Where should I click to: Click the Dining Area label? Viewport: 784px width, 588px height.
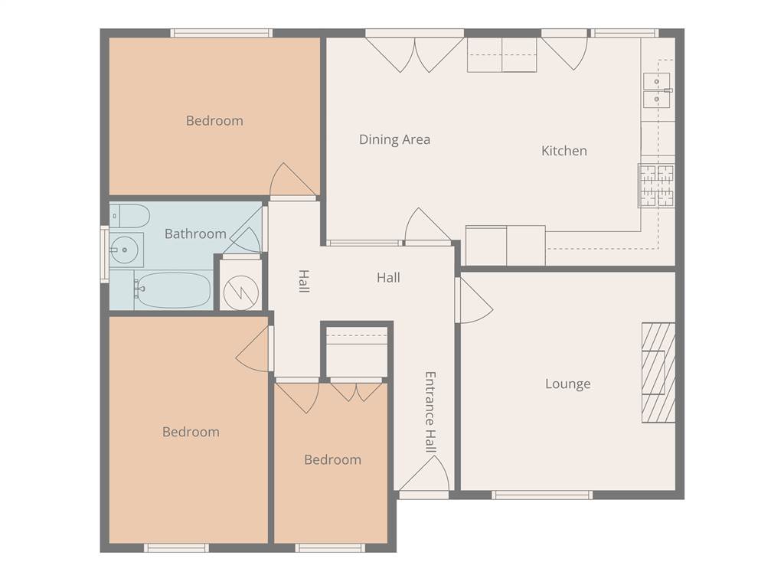(394, 139)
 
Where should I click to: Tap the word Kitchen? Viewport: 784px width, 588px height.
(564, 151)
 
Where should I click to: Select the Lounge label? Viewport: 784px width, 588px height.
(567, 384)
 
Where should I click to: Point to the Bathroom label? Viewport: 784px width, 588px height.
(195, 234)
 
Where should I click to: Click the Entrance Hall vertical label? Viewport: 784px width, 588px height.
(430, 412)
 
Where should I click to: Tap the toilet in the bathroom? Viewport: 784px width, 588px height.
(129, 216)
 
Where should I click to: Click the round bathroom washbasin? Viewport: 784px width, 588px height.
(123, 249)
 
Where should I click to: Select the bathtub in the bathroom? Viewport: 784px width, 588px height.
(172, 290)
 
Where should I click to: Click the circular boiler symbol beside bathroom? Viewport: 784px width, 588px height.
(241, 292)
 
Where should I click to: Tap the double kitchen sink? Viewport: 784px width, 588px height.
(658, 90)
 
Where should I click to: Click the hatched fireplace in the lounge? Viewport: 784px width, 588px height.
(658, 373)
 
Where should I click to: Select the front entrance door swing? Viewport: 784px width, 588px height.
(424, 473)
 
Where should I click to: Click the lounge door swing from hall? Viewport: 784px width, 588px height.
(474, 300)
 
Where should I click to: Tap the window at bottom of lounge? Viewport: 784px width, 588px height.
(542, 495)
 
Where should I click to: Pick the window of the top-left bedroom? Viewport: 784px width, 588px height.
(221, 33)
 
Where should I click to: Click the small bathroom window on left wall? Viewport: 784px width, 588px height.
(105, 254)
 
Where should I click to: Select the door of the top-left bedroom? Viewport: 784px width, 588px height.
(293, 179)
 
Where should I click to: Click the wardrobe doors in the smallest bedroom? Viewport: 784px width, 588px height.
(356, 393)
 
